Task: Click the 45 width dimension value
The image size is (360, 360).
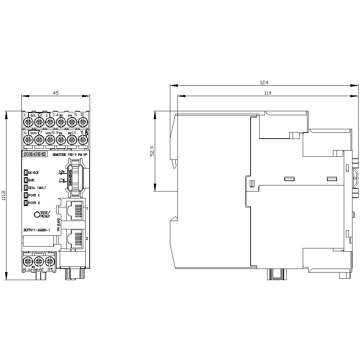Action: [55, 93]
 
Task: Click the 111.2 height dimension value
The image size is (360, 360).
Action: [4, 196]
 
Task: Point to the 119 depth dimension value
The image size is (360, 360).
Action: [267, 93]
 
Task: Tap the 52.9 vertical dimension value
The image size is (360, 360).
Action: [152, 152]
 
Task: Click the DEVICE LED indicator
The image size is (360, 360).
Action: [26, 172]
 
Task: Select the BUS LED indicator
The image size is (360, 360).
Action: [26, 180]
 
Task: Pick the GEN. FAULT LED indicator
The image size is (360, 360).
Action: [26, 188]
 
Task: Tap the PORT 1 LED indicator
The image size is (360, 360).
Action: [26, 195]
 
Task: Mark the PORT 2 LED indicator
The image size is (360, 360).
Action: [26, 203]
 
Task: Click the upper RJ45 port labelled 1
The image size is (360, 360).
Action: [74, 216]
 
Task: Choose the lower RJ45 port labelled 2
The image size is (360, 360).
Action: [74, 239]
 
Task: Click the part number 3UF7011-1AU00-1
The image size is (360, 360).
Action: [36, 229]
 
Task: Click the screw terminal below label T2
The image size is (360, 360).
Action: [82, 123]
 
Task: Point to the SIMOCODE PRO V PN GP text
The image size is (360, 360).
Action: [69, 154]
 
